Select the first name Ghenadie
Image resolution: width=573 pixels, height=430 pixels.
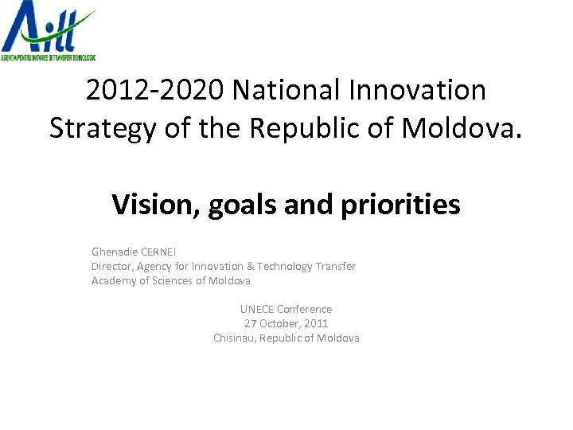pyautogui.click(x=115, y=252)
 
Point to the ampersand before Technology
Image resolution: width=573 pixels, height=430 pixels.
pyautogui.click(x=250, y=266)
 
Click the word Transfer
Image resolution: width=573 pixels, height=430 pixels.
pyautogui.click(x=336, y=266)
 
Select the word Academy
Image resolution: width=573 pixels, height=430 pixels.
pyautogui.click(x=114, y=280)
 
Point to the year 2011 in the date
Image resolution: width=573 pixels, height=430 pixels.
pyautogui.click(x=316, y=323)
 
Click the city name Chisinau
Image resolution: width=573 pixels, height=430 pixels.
pyautogui.click(x=236, y=338)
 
